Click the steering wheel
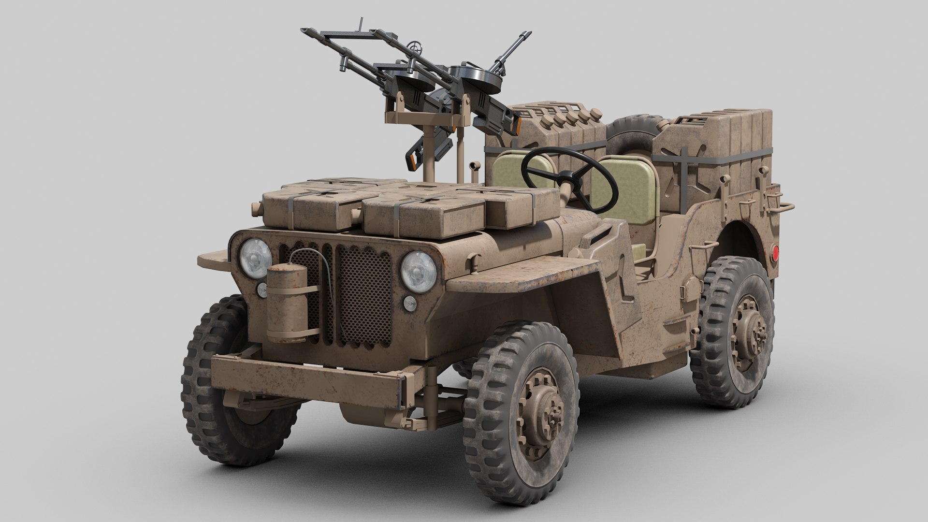tap(570, 180)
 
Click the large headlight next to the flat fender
tap(418, 272)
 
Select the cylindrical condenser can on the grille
tap(288, 303)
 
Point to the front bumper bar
tap(309, 375)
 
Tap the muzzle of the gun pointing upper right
tap(524, 35)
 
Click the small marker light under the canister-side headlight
tap(262, 290)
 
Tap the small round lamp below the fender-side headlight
tap(409, 303)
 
